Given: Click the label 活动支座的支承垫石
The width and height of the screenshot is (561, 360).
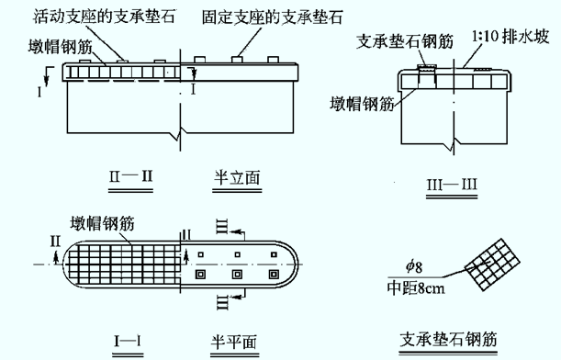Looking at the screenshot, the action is click(x=105, y=17).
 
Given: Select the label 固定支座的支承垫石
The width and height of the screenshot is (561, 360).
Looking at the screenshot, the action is click(x=273, y=17).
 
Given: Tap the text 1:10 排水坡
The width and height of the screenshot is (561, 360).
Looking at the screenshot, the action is click(x=511, y=37).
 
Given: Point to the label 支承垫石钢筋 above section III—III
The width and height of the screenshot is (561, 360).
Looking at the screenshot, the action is click(x=405, y=41).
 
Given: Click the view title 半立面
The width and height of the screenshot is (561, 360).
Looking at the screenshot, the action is click(x=237, y=178).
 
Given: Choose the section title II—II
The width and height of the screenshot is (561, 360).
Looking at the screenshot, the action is click(x=131, y=176).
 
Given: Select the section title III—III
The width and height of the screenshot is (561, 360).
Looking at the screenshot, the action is click(x=452, y=185).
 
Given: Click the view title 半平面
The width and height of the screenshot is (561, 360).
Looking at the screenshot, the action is click(x=234, y=343).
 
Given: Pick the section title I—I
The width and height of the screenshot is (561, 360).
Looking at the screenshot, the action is click(x=128, y=341).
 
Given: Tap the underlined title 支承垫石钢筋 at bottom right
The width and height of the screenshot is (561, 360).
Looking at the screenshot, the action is click(x=448, y=339).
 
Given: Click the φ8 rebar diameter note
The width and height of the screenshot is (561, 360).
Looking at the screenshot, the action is click(x=414, y=266).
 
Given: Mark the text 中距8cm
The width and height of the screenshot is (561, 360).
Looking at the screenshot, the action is click(x=416, y=288).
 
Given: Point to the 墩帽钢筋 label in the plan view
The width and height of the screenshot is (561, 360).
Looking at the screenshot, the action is click(x=102, y=223).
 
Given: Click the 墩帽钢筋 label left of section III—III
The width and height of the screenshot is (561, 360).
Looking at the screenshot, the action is click(x=362, y=104).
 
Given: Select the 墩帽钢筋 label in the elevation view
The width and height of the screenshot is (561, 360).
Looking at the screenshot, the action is click(x=61, y=47).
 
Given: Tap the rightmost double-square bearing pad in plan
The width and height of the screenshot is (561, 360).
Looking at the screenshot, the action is click(x=274, y=275).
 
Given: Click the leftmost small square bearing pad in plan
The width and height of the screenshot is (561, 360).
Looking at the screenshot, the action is click(x=201, y=254).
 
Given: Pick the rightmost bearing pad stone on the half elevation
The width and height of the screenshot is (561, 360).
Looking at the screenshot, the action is click(x=273, y=60).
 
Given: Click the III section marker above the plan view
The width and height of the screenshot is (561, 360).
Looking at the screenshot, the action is click(x=222, y=227).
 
